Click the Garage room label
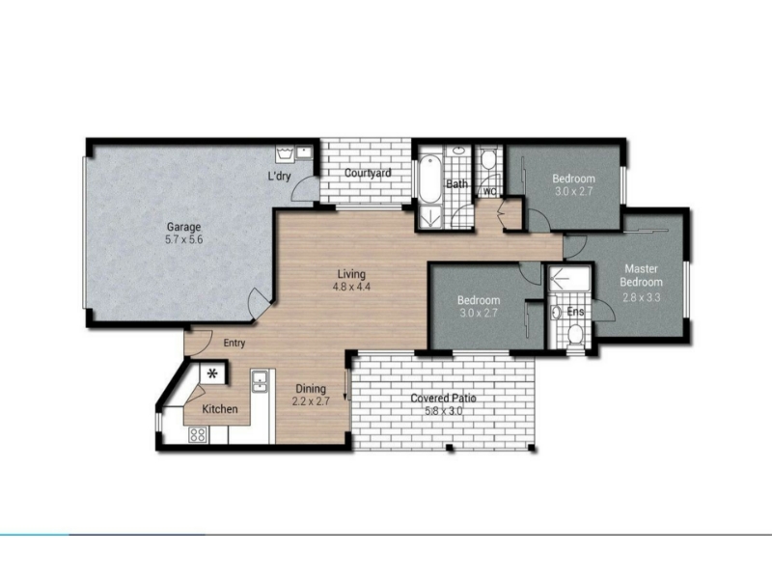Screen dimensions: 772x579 pyautogui.click(x=183, y=227)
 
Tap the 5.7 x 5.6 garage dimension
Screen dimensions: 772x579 pyautogui.click(x=183, y=239)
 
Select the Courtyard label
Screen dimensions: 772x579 pyautogui.click(x=368, y=174)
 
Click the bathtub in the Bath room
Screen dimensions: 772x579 pyautogui.click(x=430, y=179)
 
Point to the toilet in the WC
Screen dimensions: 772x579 pyautogui.click(x=488, y=159)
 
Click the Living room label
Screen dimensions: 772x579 pyautogui.click(x=351, y=274)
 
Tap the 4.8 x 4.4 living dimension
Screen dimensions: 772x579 pyautogui.click(x=351, y=287)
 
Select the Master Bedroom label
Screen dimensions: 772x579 pyautogui.click(x=641, y=275)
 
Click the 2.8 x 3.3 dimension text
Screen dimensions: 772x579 pyautogui.click(x=641, y=297)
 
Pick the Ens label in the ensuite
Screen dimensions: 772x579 pyautogui.click(x=575, y=312)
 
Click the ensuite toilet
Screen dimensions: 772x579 pyautogui.click(x=574, y=334)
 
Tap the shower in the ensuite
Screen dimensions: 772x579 pyautogui.click(x=569, y=278)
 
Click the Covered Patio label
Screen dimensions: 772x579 pyautogui.click(x=444, y=399)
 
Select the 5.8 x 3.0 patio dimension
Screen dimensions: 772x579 pyautogui.click(x=444, y=411)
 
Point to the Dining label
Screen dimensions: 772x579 pyautogui.click(x=311, y=389)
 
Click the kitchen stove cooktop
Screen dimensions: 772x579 pyautogui.click(x=198, y=435)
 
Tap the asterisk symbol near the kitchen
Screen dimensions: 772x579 pyautogui.click(x=212, y=374)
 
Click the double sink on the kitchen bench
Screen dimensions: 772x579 pyautogui.click(x=259, y=380)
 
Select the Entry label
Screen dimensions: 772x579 pyautogui.click(x=234, y=344)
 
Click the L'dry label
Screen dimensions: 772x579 pyautogui.click(x=279, y=176)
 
